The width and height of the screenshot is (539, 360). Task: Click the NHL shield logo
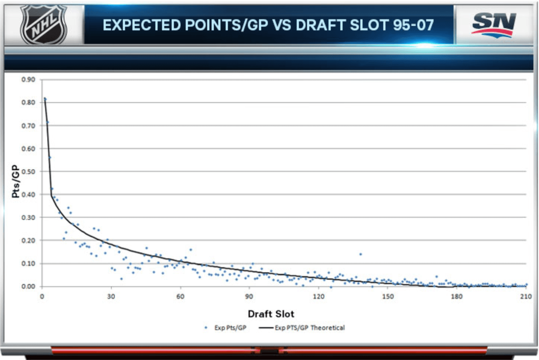(44, 24)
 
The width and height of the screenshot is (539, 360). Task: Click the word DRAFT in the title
(320, 25)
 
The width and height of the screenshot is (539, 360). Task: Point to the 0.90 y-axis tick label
(28, 80)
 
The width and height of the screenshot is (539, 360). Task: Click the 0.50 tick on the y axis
(28, 172)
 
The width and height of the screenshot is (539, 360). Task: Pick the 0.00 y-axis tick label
(28, 286)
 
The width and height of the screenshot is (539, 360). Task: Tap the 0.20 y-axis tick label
(28, 240)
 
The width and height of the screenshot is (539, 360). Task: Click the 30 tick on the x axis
(111, 296)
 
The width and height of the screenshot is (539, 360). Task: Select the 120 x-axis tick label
(318, 296)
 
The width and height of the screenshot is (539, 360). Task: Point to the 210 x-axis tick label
(526, 296)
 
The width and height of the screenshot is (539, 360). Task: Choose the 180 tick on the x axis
(457, 296)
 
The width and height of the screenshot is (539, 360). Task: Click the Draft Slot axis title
(271, 314)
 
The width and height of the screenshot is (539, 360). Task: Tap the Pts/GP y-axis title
(16, 181)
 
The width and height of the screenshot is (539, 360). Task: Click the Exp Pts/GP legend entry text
(230, 328)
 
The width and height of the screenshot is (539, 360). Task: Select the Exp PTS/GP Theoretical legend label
(310, 328)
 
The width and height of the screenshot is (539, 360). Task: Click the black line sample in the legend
(266, 328)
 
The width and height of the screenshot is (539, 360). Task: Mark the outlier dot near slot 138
(361, 254)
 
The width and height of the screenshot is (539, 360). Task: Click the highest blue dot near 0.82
(45, 99)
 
